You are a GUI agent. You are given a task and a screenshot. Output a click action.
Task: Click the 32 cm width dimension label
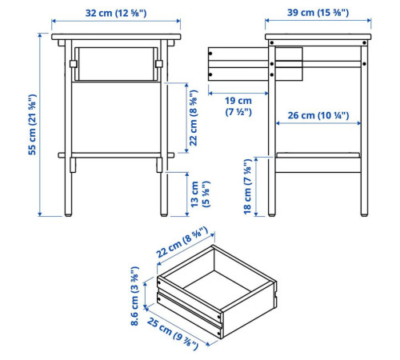(x=116, y=13)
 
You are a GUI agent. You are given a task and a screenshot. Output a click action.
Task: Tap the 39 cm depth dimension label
(x=318, y=13)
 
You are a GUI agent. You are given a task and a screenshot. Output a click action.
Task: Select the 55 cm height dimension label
(x=32, y=125)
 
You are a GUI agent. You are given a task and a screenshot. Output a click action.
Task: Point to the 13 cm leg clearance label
(x=201, y=194)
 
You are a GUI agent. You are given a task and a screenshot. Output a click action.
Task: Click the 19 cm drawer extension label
(x=238, y=106)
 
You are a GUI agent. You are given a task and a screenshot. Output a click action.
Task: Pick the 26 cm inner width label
(x=318, y=115)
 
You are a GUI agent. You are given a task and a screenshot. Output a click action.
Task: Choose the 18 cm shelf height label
(x=247, y=186)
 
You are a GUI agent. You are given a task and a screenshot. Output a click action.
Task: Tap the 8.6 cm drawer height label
(x=135, y=296)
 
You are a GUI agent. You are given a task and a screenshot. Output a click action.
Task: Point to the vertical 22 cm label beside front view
(x=194, y=118)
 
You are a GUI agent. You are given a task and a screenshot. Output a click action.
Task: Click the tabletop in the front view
(x=116, y=37)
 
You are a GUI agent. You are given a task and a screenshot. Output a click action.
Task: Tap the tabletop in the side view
(x=318, y=37)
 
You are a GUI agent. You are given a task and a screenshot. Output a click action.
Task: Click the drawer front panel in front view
(x=116, y=64)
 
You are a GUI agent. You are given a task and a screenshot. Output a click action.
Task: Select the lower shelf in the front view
(x=116, y=155)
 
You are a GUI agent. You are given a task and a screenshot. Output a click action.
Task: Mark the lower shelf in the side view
(x=318, y=155)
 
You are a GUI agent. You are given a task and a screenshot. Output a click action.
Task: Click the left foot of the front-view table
(x=68, y=214)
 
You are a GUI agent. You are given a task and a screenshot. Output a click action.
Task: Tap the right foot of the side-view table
(x=364, y=214)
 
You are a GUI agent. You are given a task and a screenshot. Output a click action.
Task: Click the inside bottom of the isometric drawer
(x=217, y=283)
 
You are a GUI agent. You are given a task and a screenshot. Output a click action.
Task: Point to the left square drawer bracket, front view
(x=73, y=64)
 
